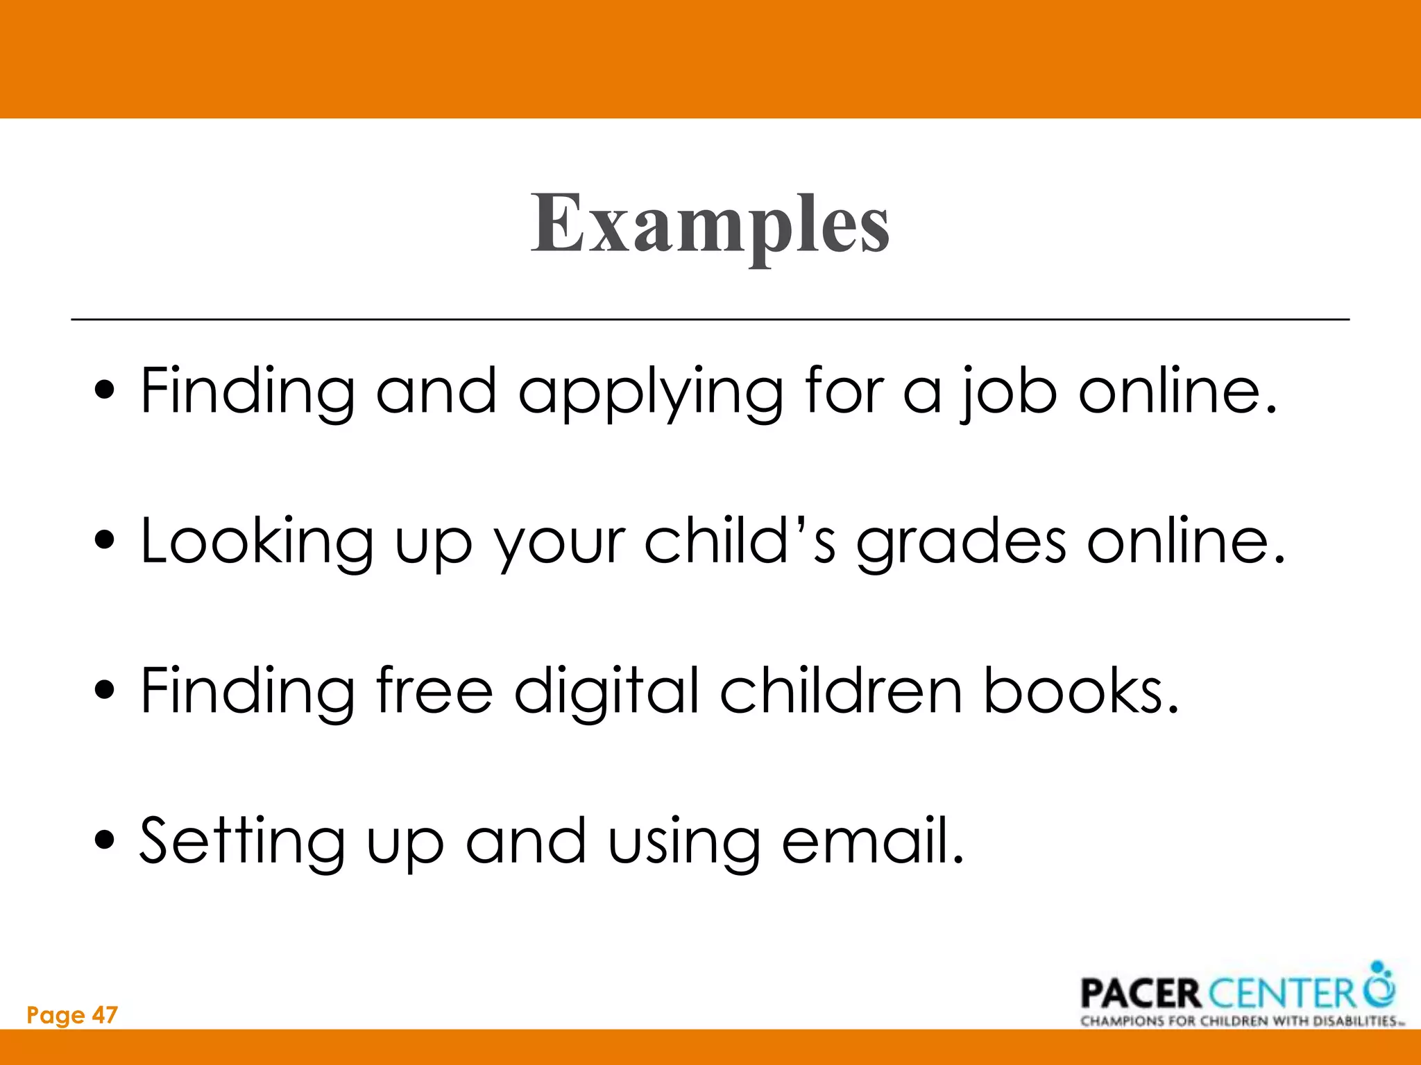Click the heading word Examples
[710, 223]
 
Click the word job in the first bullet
[1009, 392]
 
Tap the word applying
[650, 392]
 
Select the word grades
[961, 542]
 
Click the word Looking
[257, 542]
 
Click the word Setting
[242, 842]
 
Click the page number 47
[105, 1015]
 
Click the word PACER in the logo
[1140, 994]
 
